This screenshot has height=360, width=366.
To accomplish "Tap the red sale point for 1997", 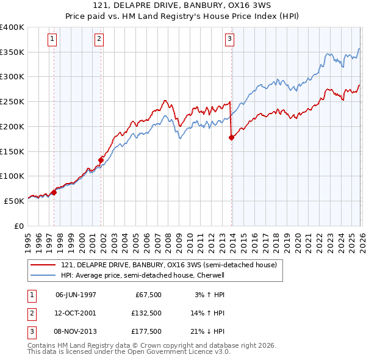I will (x=54, y=192).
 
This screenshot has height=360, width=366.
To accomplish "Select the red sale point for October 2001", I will (x=101, y=160).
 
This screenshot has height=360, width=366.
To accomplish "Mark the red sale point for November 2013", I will (x=232, y=138).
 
